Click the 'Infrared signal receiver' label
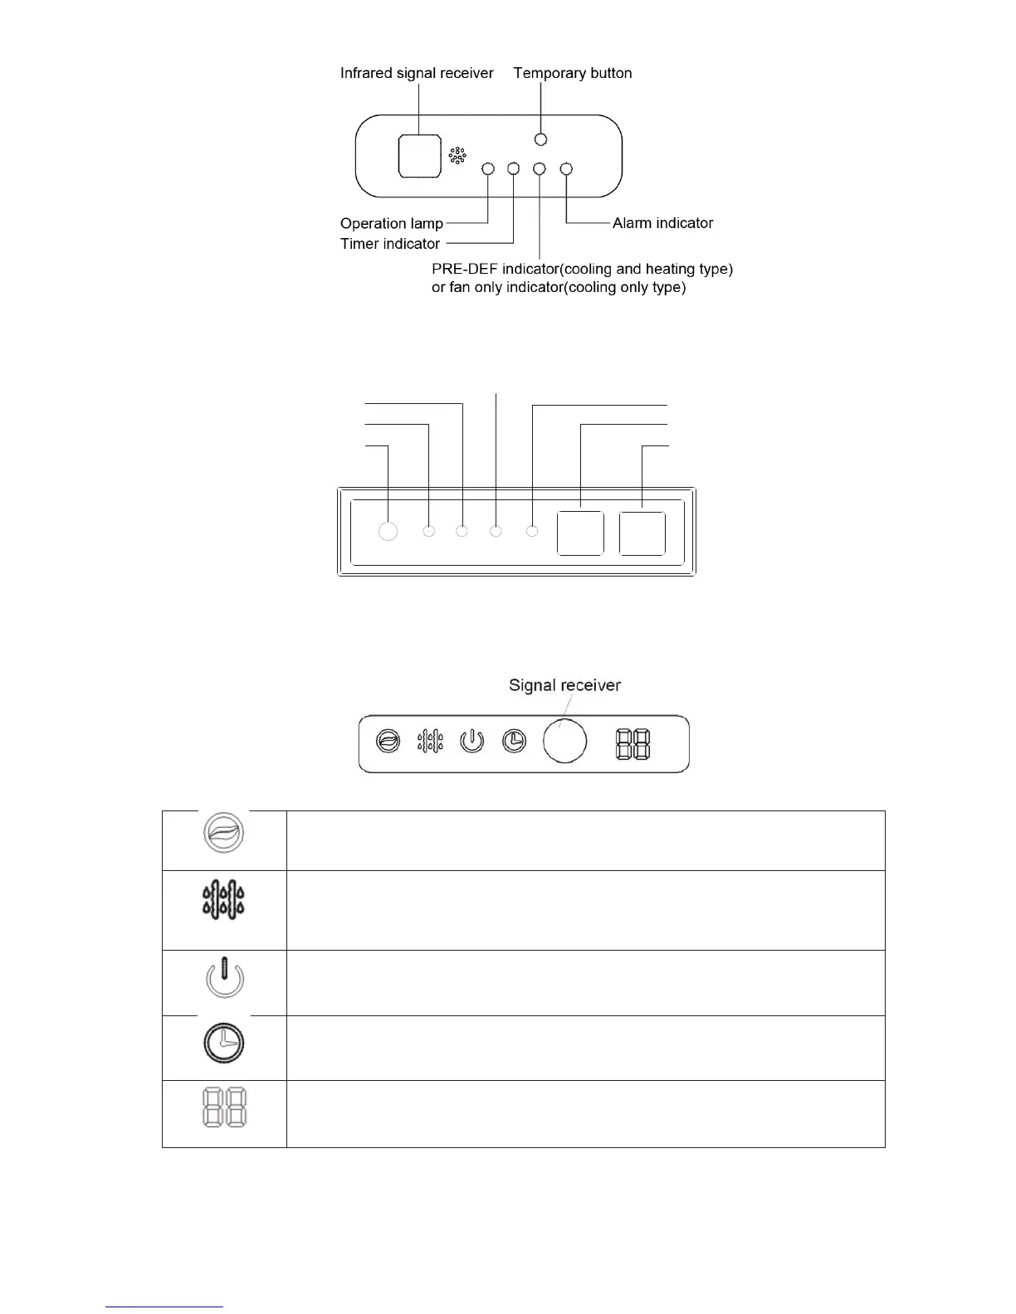(x=417, y=73)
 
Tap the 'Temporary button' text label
(x=573, y=73)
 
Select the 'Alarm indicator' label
(x=662, y=223)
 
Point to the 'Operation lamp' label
(x=391, y=224)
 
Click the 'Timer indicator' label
(x=390, y=244)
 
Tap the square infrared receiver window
(x=419, y=156)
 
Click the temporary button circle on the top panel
(x=541, y=139)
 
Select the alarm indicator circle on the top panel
(x=567, y=169)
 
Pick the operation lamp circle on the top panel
(x=488, y=169)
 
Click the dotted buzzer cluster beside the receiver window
(x=457, y=156)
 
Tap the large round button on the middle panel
(x=388, y=532)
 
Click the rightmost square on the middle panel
(x=642, y=533)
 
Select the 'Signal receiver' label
(x=564, y=685)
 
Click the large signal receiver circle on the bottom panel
(x=564, y=741)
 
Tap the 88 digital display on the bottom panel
(x=633, y=744)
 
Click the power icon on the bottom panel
(x=472, y=741)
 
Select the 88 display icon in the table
(x=224, y=1108)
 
